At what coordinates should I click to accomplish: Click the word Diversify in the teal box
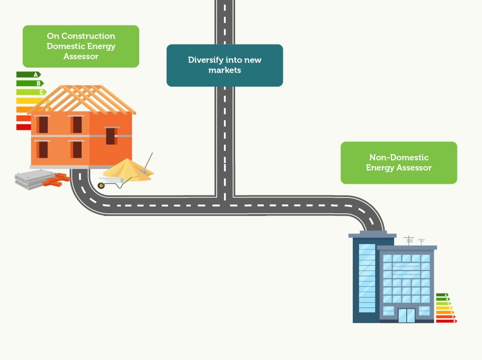click(x=203, y=60)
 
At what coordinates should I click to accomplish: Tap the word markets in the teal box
click(x=225, y=70)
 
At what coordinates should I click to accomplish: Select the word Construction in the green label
click(x=88, y=36)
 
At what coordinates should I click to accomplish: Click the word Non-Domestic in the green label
click(x=399, y=157)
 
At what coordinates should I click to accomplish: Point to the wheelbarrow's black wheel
click(x=101, y=185)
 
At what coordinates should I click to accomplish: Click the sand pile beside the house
click(x=127, y=169)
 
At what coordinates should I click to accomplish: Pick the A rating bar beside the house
click(x=28, y=75)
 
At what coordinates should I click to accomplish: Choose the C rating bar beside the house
click(x=31, y=92)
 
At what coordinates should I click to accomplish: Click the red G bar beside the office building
click(x=446, y=321)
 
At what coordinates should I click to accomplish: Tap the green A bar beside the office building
click(x=442, y=295)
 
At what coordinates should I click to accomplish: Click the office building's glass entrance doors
click(x=407, y=316)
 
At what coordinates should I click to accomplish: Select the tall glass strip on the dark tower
click(x=366, y=277)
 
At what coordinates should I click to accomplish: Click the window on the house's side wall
click(x=110, y=136)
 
